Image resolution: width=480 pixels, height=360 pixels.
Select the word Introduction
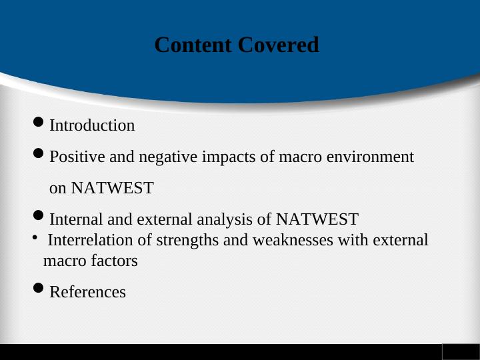(92, 125)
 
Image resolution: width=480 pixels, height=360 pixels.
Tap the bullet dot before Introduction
(39, 123)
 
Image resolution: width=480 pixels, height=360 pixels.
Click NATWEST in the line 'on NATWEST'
(112, 189)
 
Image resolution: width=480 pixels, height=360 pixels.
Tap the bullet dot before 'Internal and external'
(39, 216)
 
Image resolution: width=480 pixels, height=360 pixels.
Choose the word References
(87, 292)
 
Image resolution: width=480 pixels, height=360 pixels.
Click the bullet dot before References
(39, 289)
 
